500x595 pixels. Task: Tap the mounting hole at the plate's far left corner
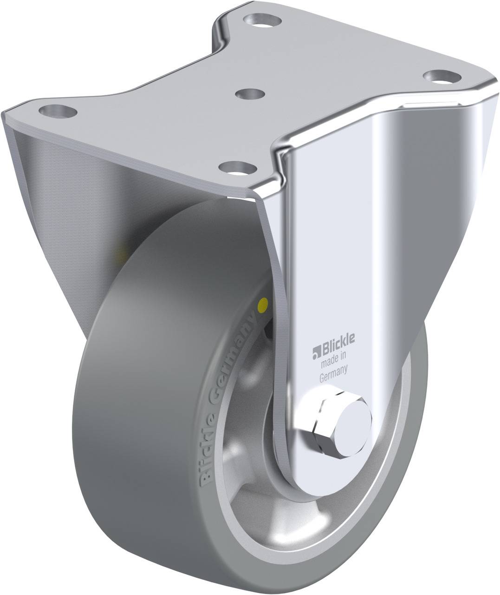coord(58,112)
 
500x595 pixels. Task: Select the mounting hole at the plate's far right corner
coord(442,75)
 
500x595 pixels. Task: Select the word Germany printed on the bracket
coord(334,369)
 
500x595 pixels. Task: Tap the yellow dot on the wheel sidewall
coord(264,305)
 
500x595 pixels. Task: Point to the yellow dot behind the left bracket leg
coord(123,255)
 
